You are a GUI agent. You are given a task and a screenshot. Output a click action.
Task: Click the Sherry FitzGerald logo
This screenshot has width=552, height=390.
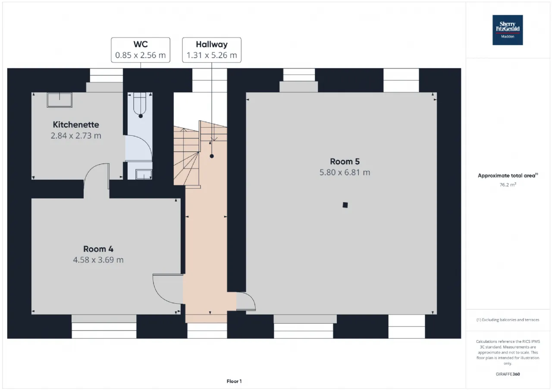508,30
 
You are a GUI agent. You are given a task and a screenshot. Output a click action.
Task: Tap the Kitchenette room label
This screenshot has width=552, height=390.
76,125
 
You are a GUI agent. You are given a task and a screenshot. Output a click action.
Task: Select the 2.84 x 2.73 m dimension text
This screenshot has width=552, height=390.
76,136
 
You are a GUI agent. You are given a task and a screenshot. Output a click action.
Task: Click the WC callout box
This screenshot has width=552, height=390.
141,50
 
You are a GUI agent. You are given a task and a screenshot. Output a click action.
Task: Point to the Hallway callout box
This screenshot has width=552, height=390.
212,50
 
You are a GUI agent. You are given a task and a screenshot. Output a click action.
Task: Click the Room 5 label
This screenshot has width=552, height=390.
345,162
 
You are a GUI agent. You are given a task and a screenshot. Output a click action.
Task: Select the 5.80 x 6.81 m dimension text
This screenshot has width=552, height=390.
345,172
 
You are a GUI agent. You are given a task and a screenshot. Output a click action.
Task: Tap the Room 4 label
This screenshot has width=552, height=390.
98,249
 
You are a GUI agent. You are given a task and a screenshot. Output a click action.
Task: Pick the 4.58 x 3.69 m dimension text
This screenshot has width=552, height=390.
98,260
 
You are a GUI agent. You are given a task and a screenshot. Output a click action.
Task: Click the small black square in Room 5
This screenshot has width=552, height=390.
345,205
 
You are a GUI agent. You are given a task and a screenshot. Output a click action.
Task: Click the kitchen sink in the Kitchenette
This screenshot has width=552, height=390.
60,100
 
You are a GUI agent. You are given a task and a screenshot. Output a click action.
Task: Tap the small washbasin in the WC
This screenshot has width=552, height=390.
144,174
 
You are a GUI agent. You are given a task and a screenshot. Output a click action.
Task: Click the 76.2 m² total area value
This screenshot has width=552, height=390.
508,185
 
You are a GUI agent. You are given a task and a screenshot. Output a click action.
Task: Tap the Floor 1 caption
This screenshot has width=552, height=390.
234,381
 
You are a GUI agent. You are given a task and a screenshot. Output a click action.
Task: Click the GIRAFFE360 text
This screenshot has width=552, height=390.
508,374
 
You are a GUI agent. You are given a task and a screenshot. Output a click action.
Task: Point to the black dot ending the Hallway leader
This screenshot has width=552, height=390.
212,156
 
